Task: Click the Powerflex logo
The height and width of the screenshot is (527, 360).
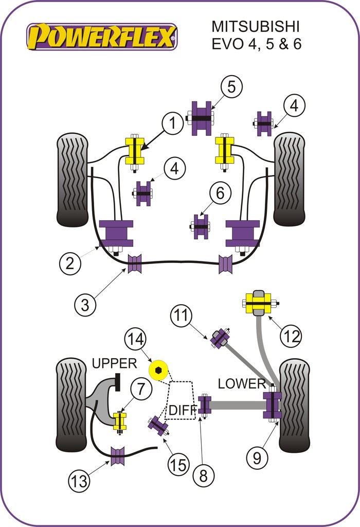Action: tap(102, 37)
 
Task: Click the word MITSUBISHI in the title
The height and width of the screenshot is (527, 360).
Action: tap(255, 27)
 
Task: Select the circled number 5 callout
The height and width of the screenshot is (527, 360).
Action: tap(231, 87)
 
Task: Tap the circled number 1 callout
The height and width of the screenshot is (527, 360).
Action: tap(174, 124)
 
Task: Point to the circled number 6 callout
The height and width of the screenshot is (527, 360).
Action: tap(220, 194)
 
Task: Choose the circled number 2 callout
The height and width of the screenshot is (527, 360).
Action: tap(70, 264)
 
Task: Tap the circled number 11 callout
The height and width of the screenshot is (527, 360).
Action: tap(181, 315)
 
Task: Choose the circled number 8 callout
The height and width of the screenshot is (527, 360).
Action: tap(204, 476)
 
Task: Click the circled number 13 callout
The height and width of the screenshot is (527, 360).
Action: tap(80, 481)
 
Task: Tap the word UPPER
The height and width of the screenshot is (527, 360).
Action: tap(115, 363)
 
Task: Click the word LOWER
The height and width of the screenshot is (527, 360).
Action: tap(241, 383)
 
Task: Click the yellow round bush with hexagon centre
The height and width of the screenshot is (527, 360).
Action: tap(158, 369)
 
